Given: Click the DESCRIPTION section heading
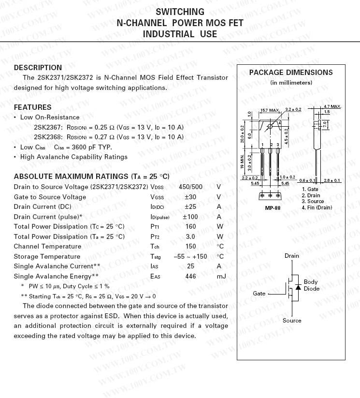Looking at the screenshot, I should tap(38, 68).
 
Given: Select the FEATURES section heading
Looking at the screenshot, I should tap(32, 107).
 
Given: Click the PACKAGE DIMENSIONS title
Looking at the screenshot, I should tap(291, 73).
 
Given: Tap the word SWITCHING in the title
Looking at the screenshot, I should tap(180, 12).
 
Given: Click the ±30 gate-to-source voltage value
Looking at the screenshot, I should tap(190, 197).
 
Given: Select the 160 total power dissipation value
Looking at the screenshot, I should tap(190, 226).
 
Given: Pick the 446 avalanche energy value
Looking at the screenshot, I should tap(190, 276).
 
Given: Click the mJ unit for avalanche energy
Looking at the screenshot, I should tap(221, 276).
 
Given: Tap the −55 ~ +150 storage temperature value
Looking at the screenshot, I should tap(190, 256).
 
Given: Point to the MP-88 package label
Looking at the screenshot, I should tap(273, 208).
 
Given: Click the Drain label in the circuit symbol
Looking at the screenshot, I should tap(292, 256).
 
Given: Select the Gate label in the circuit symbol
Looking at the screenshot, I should tap(259, 294).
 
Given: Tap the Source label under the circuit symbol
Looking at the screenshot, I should tap(292, 321).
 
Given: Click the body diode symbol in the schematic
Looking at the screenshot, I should tap(298, 287).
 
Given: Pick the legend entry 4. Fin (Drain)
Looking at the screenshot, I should tap(317, 207).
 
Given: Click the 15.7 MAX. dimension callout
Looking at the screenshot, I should tap(270, 111).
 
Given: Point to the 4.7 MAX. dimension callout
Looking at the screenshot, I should tap(332, 106).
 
